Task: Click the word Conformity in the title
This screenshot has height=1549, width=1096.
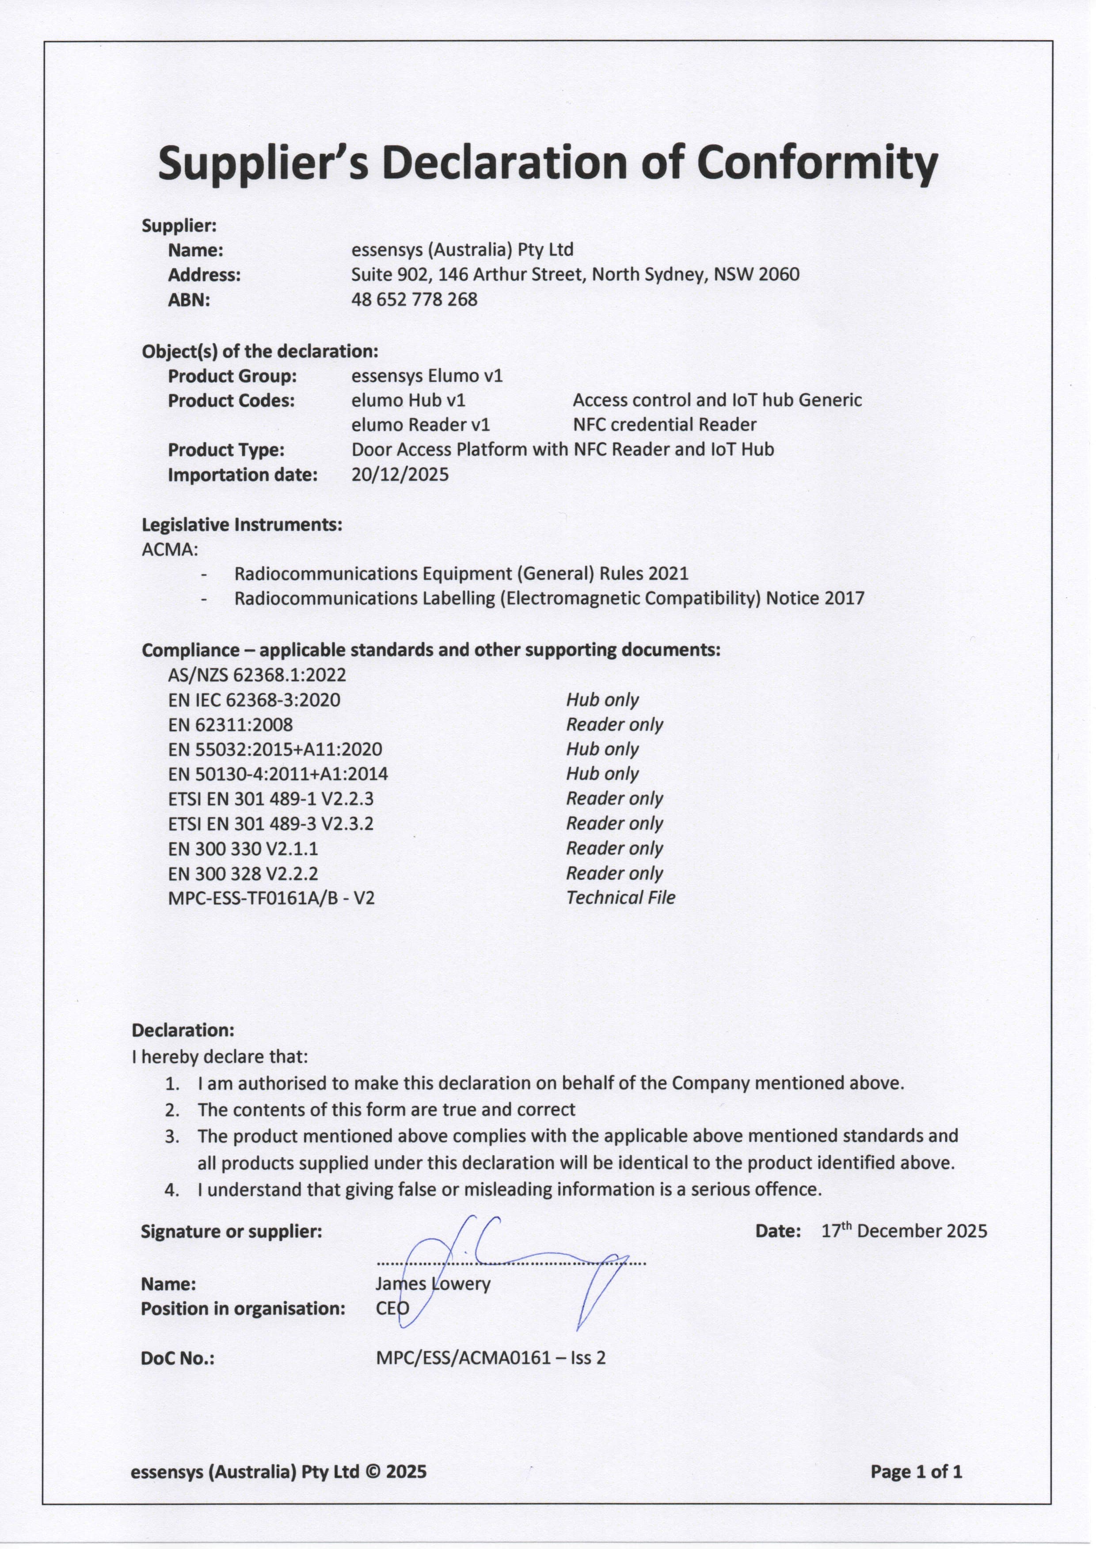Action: coord(817,164)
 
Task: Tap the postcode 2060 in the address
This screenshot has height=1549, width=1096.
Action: coord(780,275)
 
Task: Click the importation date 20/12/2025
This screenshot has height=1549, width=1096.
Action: coord(400,474)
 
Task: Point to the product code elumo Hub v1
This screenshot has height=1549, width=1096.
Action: coord(408,400)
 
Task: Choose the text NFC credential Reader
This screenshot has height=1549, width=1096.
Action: coord(664,424)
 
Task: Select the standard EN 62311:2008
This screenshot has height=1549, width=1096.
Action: coord(230,724)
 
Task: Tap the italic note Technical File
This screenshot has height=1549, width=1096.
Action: coord(620,897)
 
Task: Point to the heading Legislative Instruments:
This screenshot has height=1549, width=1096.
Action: coord(242,524)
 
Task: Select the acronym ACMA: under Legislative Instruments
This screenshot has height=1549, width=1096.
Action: coord(169,549)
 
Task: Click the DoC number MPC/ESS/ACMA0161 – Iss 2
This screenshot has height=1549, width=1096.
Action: coord(490,1357)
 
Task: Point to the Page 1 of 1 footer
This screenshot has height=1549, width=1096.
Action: coord(916,1471)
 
